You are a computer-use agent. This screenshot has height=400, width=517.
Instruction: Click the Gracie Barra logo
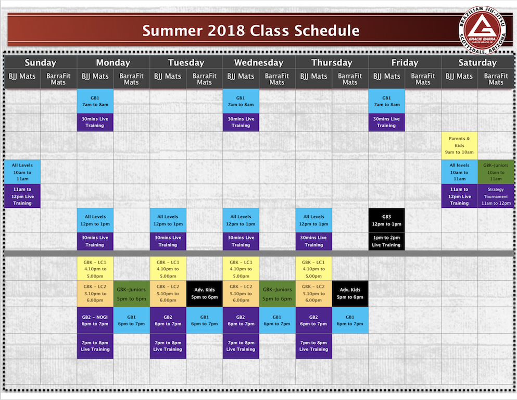point(482,30)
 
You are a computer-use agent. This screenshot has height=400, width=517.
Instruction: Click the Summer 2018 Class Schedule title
point(251,31)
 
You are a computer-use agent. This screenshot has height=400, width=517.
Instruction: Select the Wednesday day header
point(259,63)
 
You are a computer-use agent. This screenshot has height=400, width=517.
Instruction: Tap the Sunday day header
point(40,63)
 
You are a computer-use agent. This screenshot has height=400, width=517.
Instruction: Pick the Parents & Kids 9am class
point(459,145)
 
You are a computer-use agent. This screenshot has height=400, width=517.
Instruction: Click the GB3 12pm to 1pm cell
point(386,220)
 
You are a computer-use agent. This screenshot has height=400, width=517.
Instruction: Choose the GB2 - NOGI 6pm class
point(95,320)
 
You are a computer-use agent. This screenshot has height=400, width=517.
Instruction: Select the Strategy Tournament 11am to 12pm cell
point(496,196)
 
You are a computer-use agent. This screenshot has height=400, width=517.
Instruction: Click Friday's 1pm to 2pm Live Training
point(386,241)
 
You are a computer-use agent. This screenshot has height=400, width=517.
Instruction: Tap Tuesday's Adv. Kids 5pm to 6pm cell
point(205,293)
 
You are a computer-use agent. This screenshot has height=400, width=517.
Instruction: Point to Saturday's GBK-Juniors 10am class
point(496,172)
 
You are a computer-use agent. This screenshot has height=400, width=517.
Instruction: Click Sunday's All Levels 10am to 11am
point(22,172)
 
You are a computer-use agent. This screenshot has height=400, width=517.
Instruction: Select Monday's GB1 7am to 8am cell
point(95,101)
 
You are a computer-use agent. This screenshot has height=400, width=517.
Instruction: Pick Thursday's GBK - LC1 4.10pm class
point(313,269)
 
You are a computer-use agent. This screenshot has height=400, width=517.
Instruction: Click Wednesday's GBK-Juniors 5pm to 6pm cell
point(277,293)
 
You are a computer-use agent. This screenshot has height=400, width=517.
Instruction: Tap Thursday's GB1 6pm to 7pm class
point(350,320)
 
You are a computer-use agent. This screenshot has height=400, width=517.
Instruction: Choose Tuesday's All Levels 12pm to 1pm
point(168,220)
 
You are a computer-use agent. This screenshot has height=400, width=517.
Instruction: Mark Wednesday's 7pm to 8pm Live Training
point(241,346)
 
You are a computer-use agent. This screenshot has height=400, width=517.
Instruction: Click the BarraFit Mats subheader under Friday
point(423,79)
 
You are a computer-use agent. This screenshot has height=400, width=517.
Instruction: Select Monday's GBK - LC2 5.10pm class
point(95,293)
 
